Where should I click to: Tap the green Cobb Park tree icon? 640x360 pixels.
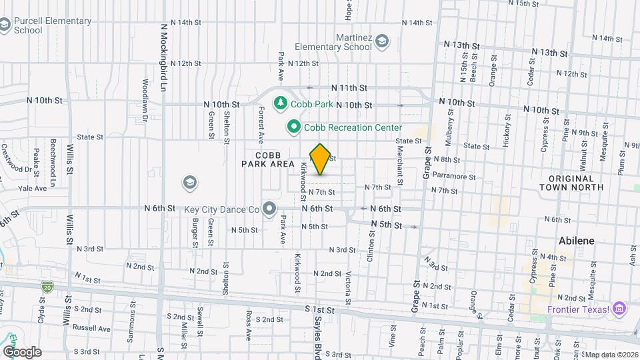[281, 103]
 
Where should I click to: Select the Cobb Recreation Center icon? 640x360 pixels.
[293, 126]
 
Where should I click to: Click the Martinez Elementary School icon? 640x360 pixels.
[382, 43]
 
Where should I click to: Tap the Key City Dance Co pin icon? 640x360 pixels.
[270, 209]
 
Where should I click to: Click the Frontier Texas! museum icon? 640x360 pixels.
[621, 309]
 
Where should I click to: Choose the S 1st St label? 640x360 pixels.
[318, 310]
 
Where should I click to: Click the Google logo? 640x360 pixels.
[21, 351]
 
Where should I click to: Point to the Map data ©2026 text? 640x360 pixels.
[610, 355]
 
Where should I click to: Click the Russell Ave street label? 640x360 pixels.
[91, 328]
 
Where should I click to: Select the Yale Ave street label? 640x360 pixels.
[32, 189]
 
